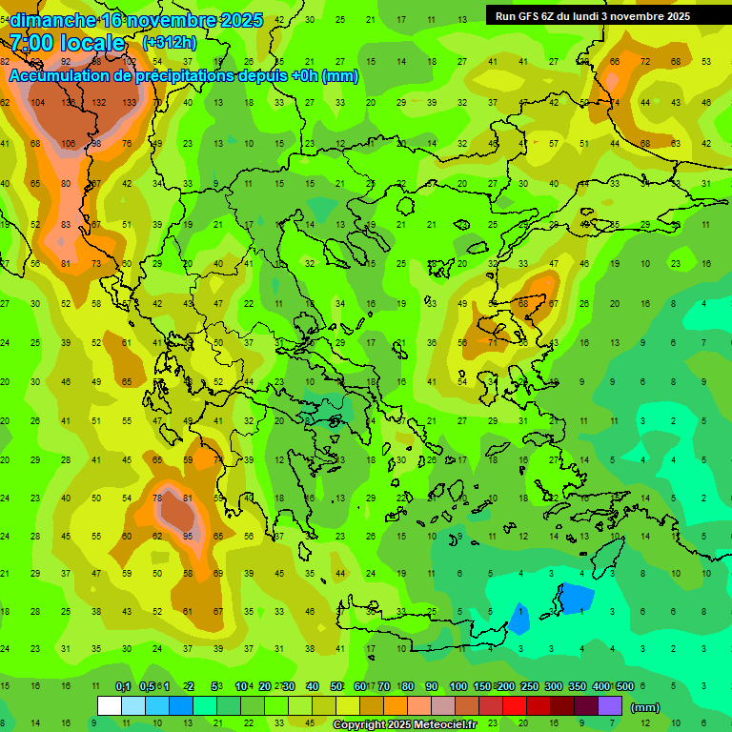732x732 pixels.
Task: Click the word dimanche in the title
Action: coord(52,20)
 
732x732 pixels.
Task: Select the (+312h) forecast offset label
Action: coord(170,42)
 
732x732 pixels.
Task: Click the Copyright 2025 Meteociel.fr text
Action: coord(417,724)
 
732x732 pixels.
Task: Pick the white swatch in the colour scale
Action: coord(110,706)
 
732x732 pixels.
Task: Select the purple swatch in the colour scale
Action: coord(610,706)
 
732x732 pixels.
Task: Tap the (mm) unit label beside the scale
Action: coord(645,707)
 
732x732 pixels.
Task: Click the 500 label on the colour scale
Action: coord(625,687)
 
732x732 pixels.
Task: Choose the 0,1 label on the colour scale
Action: coord(123,687)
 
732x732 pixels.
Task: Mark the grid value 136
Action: coord(69,103)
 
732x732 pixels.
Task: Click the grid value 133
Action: coord(130,103)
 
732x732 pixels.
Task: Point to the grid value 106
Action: coord(68,144)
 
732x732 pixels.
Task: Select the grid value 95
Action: coord(189,536)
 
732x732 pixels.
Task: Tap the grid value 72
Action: coord(645,62)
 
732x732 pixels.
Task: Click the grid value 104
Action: coord(38,103)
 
